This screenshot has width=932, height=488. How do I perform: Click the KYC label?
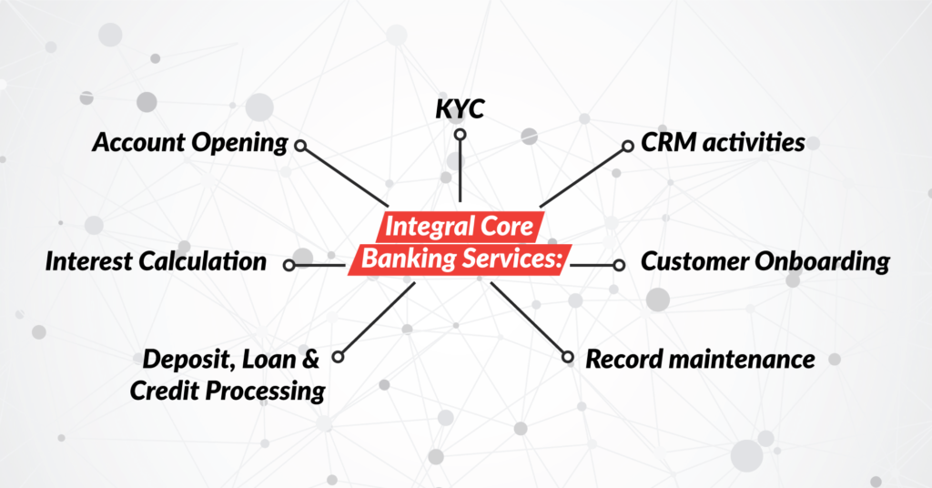click(x=460, y=110)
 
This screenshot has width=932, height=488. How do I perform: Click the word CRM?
click(x=665, y=143)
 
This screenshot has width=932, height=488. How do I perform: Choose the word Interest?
click(x=90, y=262)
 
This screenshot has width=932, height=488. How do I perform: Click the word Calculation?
click(x=204, y=262)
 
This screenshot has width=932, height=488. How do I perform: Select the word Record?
click(x=622, y=359)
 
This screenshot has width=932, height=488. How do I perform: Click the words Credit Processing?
click(x=227, y=391)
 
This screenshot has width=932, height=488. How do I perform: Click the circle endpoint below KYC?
click(x=461, y=136)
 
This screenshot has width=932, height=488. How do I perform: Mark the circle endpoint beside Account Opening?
click(x=300, y=145)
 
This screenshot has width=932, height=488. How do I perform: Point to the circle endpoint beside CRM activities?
click(x=627, y=146)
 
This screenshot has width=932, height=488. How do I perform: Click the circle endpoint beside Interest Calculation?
click(x=289, y=265)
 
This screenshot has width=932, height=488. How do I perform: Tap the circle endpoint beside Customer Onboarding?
click(x=619, y=265)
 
